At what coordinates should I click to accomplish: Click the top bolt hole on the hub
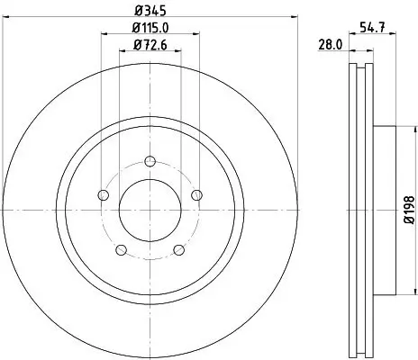pos(148,162)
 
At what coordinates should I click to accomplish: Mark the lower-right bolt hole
pos(177,249)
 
